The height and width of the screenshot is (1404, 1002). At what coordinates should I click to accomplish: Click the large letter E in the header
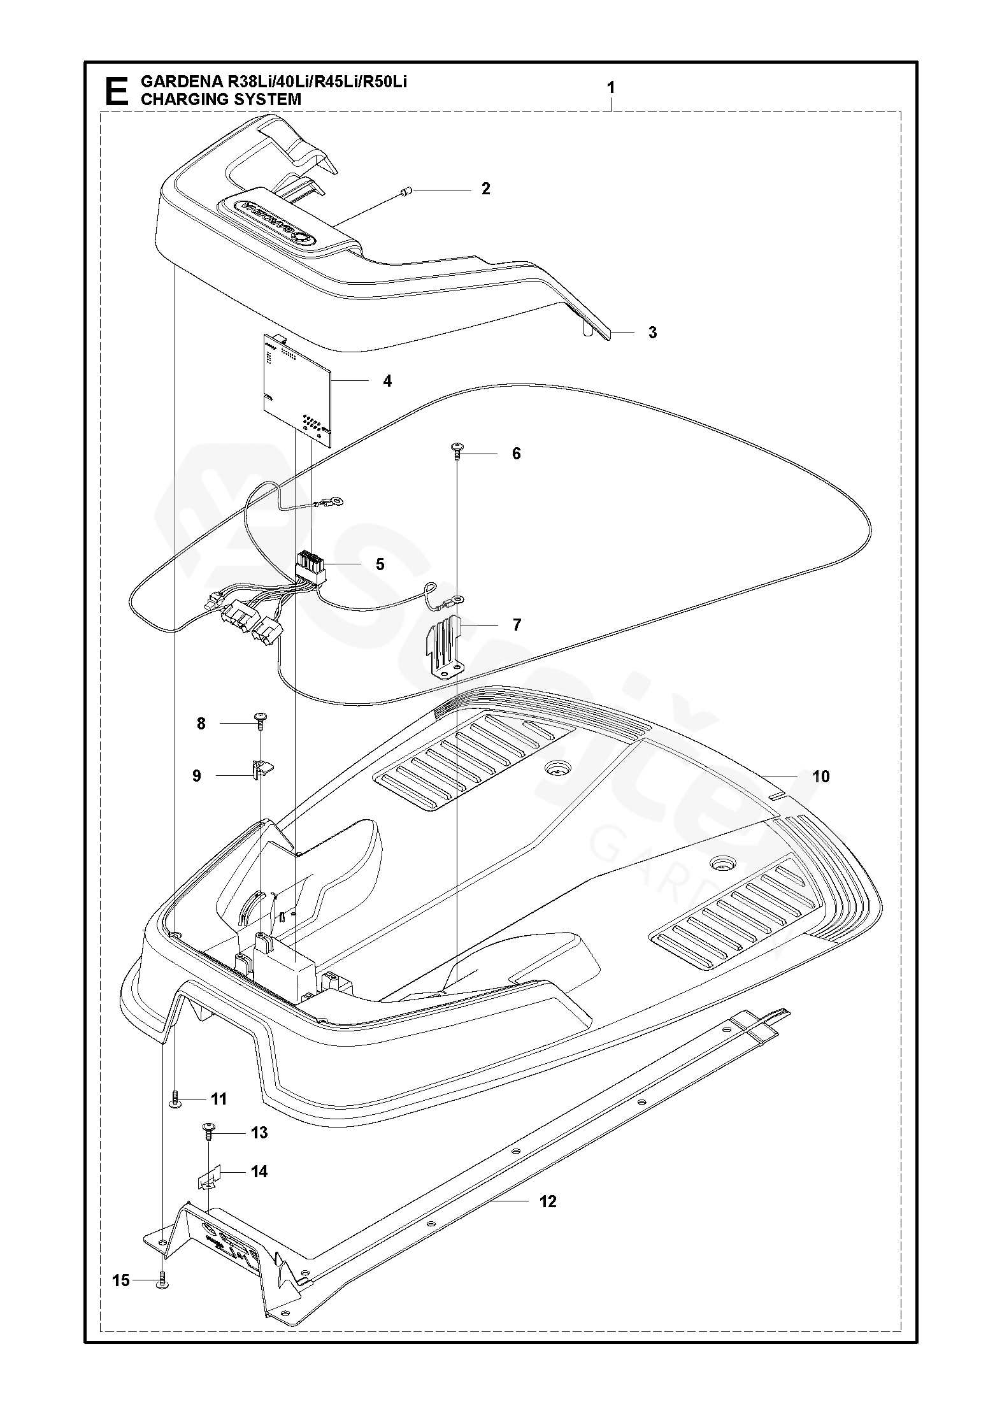tap(116, 91)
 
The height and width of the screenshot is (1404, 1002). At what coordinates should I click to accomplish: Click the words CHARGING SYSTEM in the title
tap(220, 99)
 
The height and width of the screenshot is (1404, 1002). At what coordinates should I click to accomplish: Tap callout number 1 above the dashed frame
tap(611, 88)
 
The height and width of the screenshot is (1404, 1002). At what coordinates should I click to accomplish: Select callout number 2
tap(486, 189)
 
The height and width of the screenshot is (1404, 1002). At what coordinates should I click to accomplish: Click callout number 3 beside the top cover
tap(652, 333)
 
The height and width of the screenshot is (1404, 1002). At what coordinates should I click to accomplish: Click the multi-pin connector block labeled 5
tap(310, 566)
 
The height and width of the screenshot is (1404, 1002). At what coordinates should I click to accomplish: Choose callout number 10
tap(821, 777)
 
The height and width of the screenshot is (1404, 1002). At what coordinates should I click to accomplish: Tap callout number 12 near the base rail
tap(548, 1201)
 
